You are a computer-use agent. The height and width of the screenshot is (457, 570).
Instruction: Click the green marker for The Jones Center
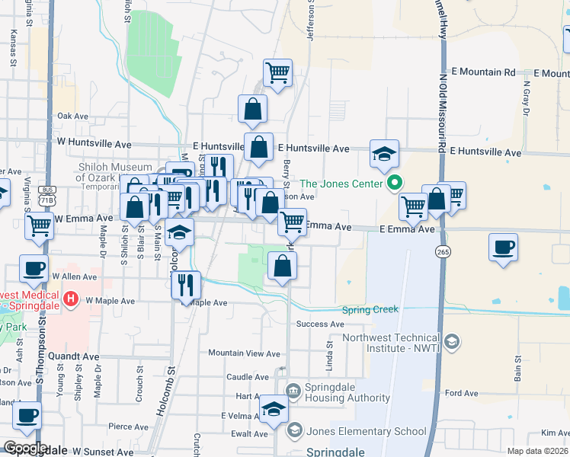[x=394, y=183]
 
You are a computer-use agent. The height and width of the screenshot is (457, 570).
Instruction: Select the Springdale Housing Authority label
[x=347, y=392]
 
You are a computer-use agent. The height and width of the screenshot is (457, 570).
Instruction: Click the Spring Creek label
[x=370, y=310]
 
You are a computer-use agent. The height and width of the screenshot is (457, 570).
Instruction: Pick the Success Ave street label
[x=322, y=324]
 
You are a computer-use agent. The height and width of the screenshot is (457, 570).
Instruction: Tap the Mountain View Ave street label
[x=245, y=353]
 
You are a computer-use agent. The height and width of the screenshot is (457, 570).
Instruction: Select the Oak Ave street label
[x=73, y=116]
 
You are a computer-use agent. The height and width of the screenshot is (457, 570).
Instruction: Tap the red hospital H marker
[x=71, y=298]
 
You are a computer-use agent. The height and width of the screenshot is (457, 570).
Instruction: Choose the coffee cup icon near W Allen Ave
[x=34, y=269]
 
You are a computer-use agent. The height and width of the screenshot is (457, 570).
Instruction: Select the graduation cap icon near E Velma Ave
[x=274, y=408]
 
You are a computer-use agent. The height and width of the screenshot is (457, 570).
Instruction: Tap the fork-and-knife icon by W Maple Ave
[x=186, y=285]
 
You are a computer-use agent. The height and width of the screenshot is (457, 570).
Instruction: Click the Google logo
[x=24, y=449]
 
